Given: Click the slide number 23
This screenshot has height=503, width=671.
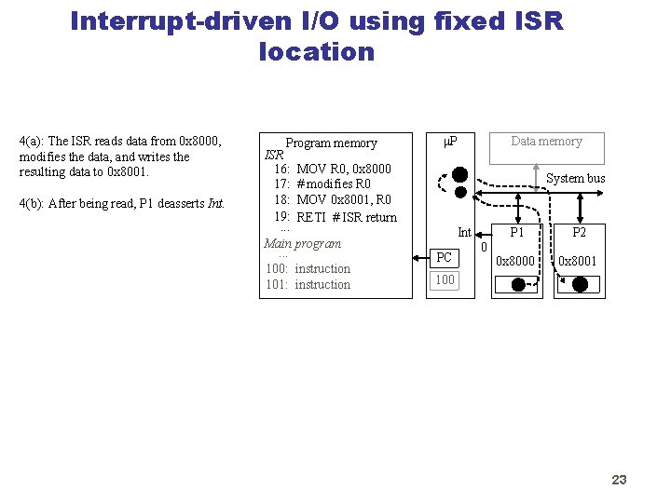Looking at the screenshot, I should click(619, 480).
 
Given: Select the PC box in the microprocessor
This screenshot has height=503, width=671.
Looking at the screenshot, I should click(445, 257).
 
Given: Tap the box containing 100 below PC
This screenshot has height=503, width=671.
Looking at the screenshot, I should click(445, 279).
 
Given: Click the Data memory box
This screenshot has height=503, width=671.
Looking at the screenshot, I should click(546, 147).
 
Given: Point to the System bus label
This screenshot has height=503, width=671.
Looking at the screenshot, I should click(575, 178).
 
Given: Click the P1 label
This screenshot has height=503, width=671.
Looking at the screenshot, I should click(516, 233).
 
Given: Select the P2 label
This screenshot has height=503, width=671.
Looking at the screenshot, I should click(580, 233).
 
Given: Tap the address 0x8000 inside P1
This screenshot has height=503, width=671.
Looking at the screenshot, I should click(516, 261).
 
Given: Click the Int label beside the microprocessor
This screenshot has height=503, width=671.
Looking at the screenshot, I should click(464, 232).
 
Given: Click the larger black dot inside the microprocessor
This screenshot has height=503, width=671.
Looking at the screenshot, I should click(459, 174).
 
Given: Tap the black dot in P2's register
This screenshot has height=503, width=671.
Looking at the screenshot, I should click(580, 286).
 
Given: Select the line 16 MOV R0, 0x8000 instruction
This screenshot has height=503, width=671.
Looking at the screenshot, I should click(332, 169).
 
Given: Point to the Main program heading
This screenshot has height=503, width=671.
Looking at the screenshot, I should click(302, 243).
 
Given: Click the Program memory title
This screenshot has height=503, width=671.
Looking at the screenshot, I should click(331, 143).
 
